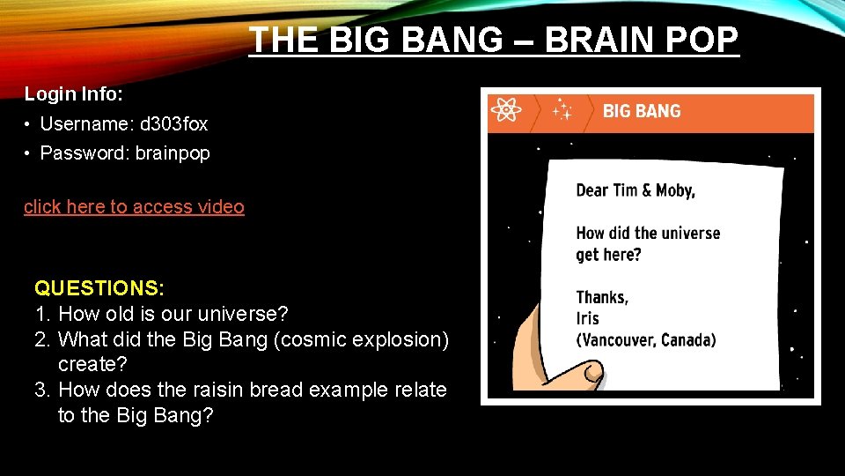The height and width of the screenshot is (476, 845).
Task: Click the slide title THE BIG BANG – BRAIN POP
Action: (494, 40)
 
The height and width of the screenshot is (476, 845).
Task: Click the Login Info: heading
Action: (73, 93)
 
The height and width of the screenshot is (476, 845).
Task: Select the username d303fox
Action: (173, 124)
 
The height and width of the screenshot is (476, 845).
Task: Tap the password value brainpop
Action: (173, 153)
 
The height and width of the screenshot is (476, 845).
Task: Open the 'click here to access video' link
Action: (134, 207)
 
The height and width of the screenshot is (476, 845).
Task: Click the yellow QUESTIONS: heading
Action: (99, 288)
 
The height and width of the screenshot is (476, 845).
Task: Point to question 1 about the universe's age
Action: (173, 314)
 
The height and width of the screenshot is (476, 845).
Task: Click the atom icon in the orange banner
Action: (505, 111)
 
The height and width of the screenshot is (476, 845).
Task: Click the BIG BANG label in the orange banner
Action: (642, 111)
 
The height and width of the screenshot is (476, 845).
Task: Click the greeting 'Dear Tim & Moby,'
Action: (635, 190)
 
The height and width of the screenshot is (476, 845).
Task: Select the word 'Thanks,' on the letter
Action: (602, 297)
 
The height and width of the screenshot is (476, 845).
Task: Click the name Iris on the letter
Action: (587, 318)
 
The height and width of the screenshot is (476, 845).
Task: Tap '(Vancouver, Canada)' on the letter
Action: (645, 339)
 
